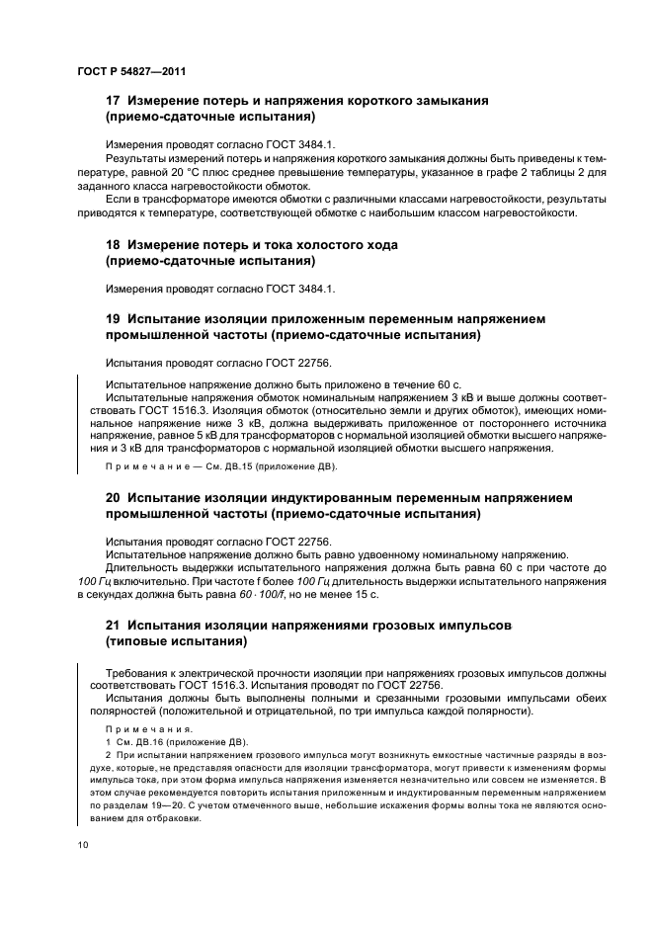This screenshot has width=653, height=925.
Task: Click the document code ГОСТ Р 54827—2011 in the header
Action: click(131, 73)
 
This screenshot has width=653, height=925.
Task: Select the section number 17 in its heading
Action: click(113, 101)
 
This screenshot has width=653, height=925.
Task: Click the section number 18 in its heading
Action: click(113, 244)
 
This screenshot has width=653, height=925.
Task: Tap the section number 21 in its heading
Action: click(113, 626)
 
